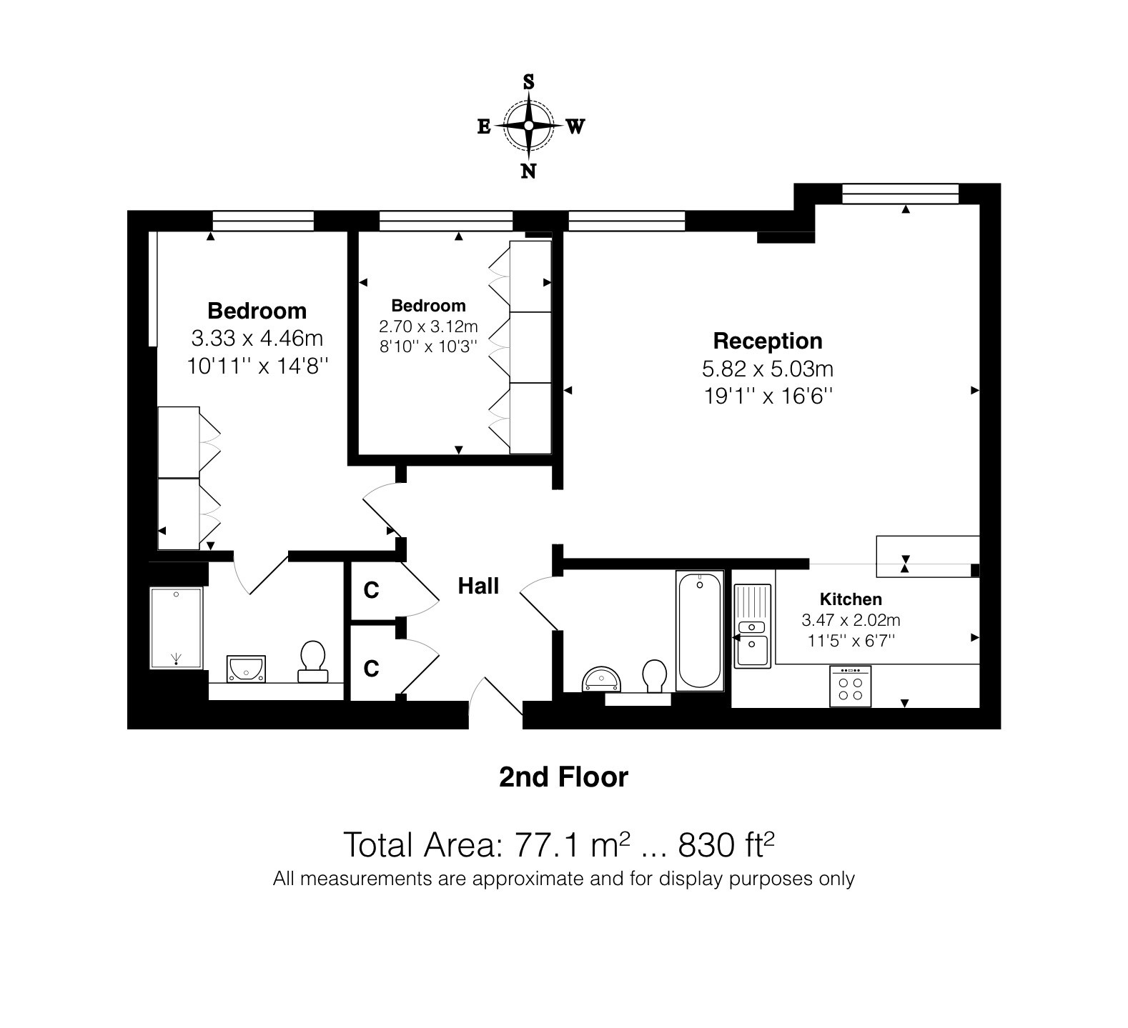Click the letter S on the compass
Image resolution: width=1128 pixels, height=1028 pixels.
pos(529,81)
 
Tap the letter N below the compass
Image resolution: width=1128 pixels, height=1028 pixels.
pos(528,171)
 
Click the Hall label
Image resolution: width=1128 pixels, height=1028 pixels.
pos(478,587)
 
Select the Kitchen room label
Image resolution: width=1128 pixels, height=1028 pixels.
pos(851,599)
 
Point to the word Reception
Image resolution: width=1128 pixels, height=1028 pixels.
pos(768,341)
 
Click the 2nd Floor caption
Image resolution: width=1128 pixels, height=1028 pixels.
pos(563,777)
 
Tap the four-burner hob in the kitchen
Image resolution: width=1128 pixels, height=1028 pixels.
pos(851,687)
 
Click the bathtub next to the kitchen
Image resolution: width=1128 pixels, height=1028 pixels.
pos(698,632)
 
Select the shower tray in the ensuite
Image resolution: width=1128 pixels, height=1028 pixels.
pos(176,628)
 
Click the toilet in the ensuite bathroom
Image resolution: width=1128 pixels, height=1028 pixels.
pos(312,662)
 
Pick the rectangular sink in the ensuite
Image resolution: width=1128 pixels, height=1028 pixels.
pos(247,668)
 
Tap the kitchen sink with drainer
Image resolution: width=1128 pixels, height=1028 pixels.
pos(753,626)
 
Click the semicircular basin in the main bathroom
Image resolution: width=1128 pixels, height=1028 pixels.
pos(603,679)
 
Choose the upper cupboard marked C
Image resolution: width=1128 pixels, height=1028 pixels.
pos(371,590)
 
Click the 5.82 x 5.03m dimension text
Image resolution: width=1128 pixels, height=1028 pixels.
pos(768,369)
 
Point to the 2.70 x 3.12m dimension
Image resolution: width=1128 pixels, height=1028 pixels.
pos(428,327)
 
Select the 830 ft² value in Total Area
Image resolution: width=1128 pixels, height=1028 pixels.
pos(726,844)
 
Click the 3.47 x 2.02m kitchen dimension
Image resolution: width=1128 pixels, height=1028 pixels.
pos(851,620)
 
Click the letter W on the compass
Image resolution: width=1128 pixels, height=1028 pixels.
pos(575,127)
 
